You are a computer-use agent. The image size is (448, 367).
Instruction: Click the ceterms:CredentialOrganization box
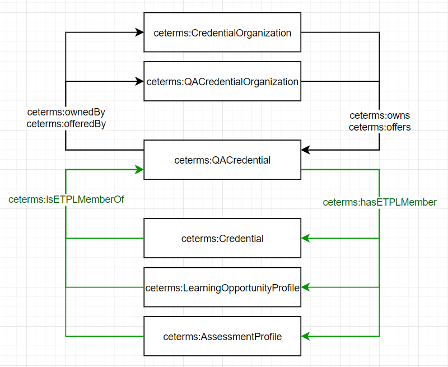222,33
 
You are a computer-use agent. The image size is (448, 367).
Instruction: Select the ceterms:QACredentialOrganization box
222,82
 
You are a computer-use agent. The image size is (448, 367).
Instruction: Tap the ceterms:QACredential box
222,160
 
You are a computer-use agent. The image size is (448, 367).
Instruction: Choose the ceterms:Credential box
222,239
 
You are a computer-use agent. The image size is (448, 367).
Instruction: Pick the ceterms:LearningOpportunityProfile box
222,288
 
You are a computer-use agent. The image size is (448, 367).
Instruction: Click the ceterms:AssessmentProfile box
222,337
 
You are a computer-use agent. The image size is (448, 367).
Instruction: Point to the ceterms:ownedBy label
66,112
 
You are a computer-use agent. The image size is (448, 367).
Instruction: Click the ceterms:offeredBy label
66,124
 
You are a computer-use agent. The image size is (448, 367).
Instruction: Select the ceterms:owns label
380,115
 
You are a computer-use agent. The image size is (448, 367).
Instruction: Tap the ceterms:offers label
380,127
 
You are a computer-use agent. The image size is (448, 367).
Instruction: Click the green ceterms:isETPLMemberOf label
66,199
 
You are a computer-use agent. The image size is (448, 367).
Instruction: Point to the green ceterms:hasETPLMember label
380,202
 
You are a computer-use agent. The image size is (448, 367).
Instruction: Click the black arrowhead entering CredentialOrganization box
140,32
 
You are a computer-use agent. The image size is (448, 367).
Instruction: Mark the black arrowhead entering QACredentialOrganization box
140,82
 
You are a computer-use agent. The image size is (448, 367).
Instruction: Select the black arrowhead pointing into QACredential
305,150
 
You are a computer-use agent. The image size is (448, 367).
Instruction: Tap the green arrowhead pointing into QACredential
140,169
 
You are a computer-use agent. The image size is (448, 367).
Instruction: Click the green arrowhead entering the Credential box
305,239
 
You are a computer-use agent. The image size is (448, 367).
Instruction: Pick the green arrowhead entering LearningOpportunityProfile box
305,287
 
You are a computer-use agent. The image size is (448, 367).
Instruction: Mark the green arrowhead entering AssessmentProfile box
305,337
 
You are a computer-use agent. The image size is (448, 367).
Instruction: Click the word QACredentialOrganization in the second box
241,82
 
